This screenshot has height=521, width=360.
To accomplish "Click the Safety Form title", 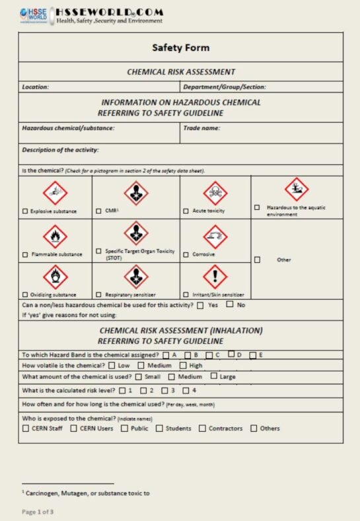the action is tap(180, 48).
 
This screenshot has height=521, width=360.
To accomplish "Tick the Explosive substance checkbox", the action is tap(25, 211).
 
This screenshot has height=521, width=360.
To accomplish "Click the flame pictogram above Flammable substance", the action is tap(55, 236).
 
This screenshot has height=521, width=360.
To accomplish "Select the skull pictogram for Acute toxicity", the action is tap(215, 193).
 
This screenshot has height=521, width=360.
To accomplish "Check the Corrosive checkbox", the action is tap(186, 254).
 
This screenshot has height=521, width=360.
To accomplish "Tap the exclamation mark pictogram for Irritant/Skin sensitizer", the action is tap(215, 277).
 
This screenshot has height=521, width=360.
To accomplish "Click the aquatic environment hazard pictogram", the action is tap(297, 190).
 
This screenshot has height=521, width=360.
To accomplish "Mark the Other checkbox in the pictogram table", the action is tap(257, 260).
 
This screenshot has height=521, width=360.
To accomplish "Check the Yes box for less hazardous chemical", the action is tap(200, 305).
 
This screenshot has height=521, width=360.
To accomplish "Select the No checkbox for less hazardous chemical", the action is tap(230, 304).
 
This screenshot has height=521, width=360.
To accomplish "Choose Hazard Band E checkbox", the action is tap(252, 355).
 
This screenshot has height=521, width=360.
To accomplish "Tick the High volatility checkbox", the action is tap(182, 366).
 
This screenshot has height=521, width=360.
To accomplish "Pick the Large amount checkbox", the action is tap(214, 376).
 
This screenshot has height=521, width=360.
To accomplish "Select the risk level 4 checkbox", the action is tap(186, 390).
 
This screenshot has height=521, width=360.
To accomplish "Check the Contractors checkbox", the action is tap(202, 429).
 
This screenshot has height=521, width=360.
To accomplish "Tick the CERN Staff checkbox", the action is tap(25, 429).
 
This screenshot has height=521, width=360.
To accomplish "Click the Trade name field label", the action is tap(201, 128).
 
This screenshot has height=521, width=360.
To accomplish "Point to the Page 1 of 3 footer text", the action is tap(38, 511).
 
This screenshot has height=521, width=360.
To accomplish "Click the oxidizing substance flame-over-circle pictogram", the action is tap(55, 277).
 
